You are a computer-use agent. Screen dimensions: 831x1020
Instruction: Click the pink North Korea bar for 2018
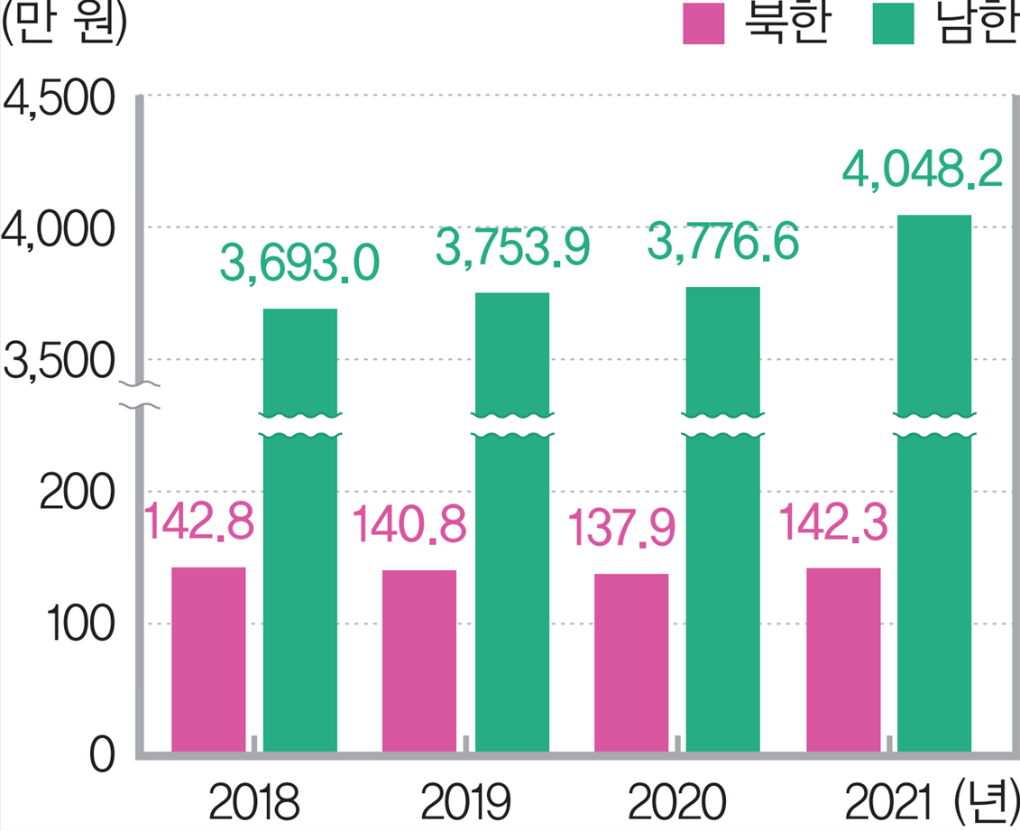click(208, 659)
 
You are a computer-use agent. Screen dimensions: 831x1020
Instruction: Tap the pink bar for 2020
click(631, 662)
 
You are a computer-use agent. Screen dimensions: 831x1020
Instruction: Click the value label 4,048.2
click(922, 171)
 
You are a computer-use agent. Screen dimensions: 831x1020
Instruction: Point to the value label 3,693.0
click(299, 265)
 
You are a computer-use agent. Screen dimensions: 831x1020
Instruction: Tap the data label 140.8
click(409, 526)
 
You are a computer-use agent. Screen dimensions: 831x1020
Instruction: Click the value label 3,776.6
click(723, 244)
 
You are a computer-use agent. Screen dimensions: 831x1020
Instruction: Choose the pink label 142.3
click(832, 524)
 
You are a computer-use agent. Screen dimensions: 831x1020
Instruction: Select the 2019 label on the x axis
click(465, 802)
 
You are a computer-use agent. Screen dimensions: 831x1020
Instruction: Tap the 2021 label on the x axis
click(889, 802)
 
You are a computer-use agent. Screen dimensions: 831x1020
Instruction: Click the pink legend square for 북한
click(703, 24)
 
